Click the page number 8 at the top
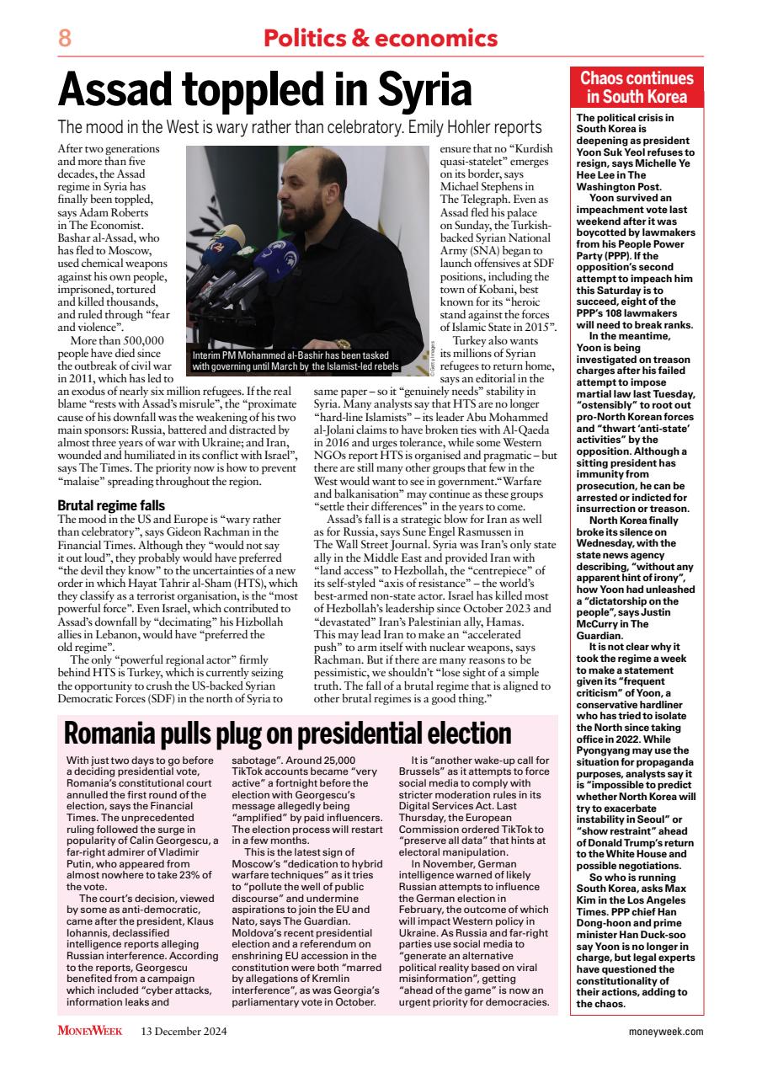(x=65, y=38)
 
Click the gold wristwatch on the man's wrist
(x=342, y=344)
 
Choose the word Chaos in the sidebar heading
(x=605, y=78)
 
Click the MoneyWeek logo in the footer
(x=90, y=1031)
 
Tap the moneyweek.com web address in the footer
(x=666, y=1031)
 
